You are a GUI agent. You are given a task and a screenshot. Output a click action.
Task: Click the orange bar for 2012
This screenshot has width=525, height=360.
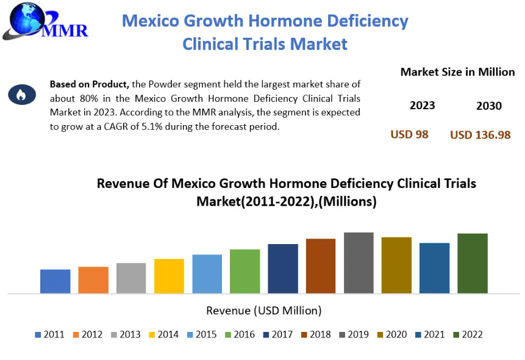[x=93, y=280]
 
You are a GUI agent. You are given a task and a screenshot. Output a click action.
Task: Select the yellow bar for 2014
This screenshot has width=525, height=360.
[x=169, y=276]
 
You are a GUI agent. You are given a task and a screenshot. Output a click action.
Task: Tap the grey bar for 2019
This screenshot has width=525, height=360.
[x=359, y=263]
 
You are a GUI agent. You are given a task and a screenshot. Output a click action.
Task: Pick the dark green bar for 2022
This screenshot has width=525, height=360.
[x=473, y=264]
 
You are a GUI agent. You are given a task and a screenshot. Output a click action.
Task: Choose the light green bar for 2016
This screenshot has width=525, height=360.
[x=245, y=271]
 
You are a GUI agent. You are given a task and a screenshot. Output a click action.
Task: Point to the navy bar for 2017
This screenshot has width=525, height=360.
[x=283, y=268]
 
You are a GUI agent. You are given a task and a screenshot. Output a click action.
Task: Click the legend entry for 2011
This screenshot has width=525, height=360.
[x=49, y=334]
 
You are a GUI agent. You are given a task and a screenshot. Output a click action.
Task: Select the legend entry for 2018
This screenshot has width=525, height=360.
[x=316, y=334]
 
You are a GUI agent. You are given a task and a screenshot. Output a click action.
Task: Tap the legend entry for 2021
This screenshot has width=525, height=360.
[x=430, y=334]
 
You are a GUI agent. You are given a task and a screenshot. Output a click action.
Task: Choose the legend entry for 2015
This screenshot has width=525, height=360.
[x=202, y=334]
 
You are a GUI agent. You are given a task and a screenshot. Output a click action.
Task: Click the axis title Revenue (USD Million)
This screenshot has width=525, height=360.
[x=264, y=311]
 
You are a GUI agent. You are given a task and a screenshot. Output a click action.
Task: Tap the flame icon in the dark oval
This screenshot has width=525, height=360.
[x=22, y=95]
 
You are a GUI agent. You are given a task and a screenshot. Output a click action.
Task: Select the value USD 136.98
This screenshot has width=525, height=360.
[x=480, y=135]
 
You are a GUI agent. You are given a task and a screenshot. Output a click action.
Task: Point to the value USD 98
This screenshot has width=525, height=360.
[x=409, y=134]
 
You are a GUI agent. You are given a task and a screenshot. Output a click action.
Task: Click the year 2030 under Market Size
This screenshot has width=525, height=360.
[x=489, y=106]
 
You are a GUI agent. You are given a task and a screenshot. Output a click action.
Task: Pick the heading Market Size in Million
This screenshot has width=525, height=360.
[x=457, y=72]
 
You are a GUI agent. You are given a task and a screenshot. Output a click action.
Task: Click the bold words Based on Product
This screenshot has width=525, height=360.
[x=90, y=84]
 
